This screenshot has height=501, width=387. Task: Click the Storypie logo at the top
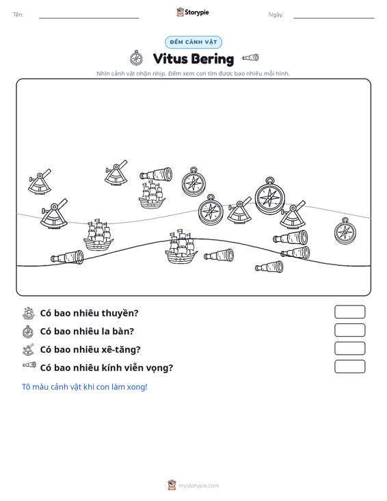tap(193, 12)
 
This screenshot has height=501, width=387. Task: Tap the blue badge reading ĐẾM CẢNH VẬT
tap(193, 42)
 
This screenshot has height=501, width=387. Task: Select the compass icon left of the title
tap(137, 58)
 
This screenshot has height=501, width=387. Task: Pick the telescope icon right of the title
tap(250, 57)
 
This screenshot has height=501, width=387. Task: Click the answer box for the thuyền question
tap(349, 312)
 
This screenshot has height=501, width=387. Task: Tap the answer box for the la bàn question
tap(349, 330)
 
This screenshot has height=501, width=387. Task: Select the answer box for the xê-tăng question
tap(349, 349)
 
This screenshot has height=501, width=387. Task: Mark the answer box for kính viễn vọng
tap(349, 366)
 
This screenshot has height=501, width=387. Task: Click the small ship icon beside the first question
tap(29, 313)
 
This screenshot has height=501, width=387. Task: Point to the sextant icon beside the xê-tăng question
tap(28, 349)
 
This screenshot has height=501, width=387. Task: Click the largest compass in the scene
tap(269, 195)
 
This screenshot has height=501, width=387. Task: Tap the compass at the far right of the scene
tap(345, 231)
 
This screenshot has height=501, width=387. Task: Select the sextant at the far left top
tap(40, 182)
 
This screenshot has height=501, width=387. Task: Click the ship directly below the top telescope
tap(152, 195)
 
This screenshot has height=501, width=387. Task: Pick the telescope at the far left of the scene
tap(67, 257)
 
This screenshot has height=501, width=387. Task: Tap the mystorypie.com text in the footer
tap(198, 486)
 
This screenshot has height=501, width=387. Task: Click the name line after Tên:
tap(89, 18)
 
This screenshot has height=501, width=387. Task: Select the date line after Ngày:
tap(334, 18)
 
